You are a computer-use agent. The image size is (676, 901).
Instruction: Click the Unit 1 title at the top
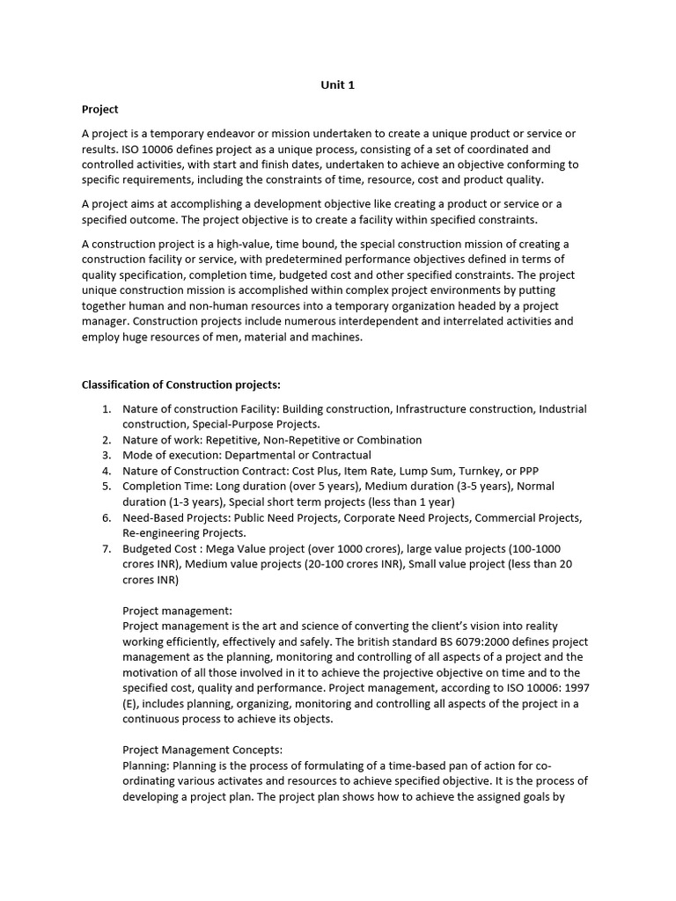click(337, 85)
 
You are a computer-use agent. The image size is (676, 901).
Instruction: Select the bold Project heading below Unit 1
click(99, 110)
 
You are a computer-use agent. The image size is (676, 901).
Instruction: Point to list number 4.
click(107, 471)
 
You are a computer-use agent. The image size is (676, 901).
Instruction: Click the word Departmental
click(261, 455)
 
